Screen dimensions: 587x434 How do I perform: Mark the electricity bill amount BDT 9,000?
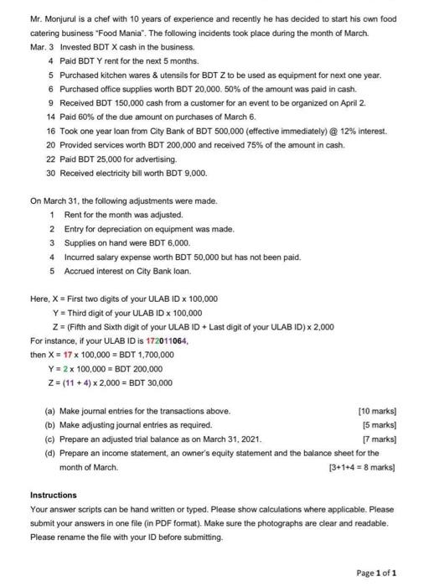(184, 171)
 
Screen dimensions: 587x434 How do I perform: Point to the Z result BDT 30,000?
(151, 382)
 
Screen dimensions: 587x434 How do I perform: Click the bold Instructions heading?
(53, 495)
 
